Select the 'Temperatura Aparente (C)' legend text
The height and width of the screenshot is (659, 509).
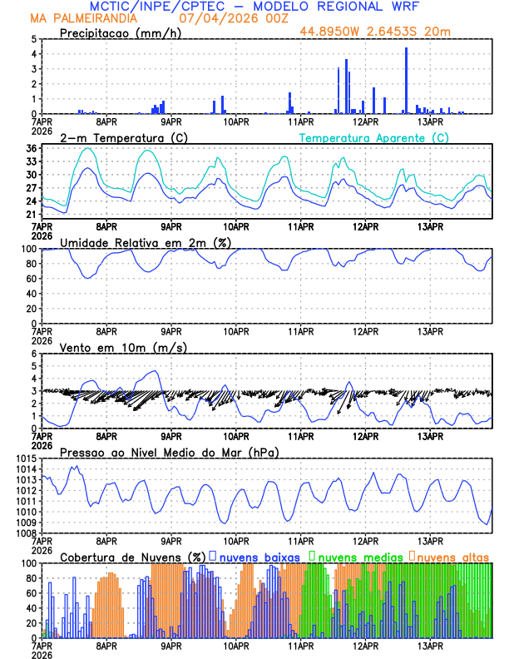coord(373,137)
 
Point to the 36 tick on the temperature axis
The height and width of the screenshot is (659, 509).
coord(31,148)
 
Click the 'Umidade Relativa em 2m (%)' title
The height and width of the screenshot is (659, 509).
coord(145,242)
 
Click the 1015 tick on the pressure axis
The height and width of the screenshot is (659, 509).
coord(24,458)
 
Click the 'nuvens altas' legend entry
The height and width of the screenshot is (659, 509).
coord(452,556)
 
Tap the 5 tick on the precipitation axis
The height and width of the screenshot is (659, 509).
coord(34,39)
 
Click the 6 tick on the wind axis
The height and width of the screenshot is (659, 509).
coord(34,354)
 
